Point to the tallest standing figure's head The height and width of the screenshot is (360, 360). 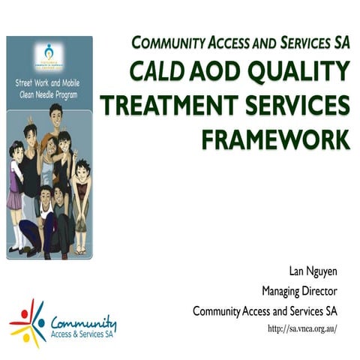(x=55, y=112)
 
